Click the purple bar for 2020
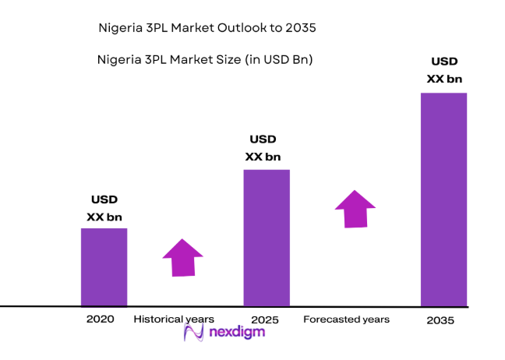pyautogui.click(x=104, y=266)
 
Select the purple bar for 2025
pyautogui.click(x=267, y=238)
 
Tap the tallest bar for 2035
pyautogui.click(x=443, y=199)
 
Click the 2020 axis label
pyautogui.click(x=101, y=319)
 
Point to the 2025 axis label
pyautogui.click(x=266, y=319)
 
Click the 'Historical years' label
pyautogui.click(x=173, y=319)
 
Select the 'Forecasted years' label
pyautogui.click(x=346, y=319)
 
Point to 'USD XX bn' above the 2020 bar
pyautogui.click(x=104, y=208)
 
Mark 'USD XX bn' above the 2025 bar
pyautogui.click(x=263, y=148)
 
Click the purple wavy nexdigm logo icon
pyautogui.click(x=193, y=333)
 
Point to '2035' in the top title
pyautogui.click(x=300, y=28)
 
